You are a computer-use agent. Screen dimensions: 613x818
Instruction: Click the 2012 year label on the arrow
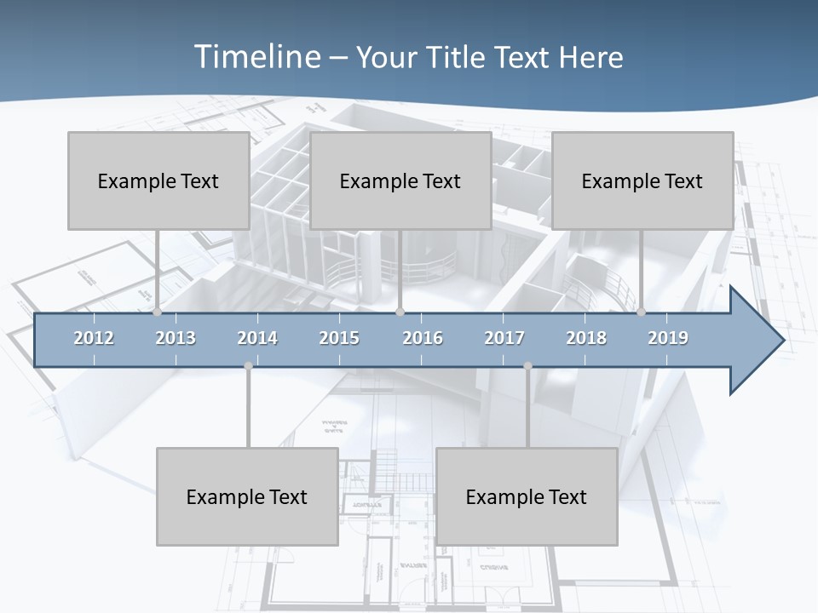tap(94, 338)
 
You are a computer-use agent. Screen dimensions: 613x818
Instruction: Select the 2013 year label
tap(176, 338)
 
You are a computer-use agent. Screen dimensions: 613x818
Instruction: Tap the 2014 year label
tap(257, 338)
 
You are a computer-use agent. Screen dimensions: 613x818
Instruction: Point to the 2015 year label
tap(339, 338)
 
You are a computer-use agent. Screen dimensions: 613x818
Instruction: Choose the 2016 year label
tap(423, 338)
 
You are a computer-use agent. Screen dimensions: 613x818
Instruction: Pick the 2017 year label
tap(504, 338)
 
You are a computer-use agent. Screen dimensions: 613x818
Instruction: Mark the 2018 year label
tap(586, 338)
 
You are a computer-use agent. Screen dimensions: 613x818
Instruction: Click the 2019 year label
tap(668, 338)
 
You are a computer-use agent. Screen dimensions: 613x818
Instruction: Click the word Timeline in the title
tap(256, 57)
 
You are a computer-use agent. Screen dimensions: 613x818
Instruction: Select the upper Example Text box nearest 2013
tap(158, 180)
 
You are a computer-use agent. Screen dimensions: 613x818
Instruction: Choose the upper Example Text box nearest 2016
tap(400, 180)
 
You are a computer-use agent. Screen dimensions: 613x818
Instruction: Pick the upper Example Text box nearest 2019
tap(642, 180)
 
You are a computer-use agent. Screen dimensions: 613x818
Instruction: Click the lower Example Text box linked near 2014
tap(247, 496)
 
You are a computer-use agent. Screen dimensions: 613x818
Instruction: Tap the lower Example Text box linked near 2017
tap(527, 496)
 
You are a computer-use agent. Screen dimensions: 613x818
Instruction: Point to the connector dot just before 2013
tap(157, 312)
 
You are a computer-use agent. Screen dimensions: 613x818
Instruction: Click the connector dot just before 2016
tap(400, 312)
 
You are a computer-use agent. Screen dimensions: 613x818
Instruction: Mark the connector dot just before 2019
tap(641, 312)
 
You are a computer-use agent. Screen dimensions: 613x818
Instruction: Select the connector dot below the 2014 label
tap(248, 366)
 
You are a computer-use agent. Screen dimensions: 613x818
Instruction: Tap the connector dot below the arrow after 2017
tap(527, 366)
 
